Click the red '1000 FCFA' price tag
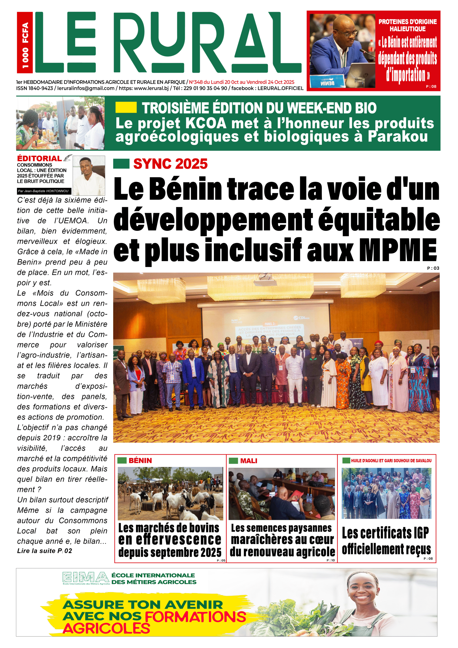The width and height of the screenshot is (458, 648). pos(25,42)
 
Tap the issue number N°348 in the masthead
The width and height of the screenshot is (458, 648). pos(196,82)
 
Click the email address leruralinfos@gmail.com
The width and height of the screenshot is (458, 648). pos(86,88)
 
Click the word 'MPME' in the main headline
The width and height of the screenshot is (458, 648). pos(399,250)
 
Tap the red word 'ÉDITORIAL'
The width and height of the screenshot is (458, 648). pos(39,159)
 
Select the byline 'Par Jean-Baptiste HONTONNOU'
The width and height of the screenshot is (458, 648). pos(43,191)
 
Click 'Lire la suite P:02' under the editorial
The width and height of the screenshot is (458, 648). pos(45,551)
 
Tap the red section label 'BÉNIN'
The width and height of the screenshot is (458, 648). pos(140,461)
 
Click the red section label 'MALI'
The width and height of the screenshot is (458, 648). pos(249,461)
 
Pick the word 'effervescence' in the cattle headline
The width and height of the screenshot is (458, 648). pos(170,539)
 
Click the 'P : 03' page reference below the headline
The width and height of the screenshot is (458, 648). pos(433,268)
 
